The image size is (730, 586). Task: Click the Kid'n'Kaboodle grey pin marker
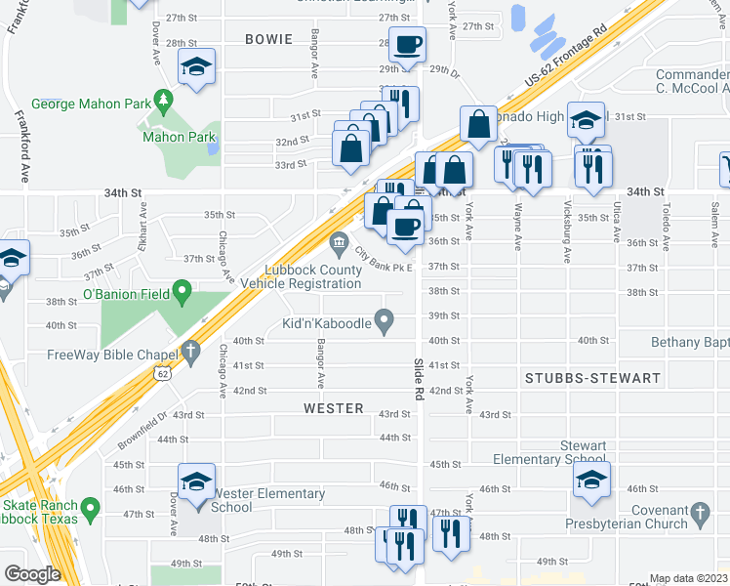point(385,318)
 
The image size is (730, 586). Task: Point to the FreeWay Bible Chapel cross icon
point(190,350)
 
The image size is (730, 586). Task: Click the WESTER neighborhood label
point(334,408)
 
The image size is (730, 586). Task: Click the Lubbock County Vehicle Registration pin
point(339,240)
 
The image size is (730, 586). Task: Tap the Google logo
point(32,574)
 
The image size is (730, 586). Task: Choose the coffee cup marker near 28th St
point(407,44)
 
